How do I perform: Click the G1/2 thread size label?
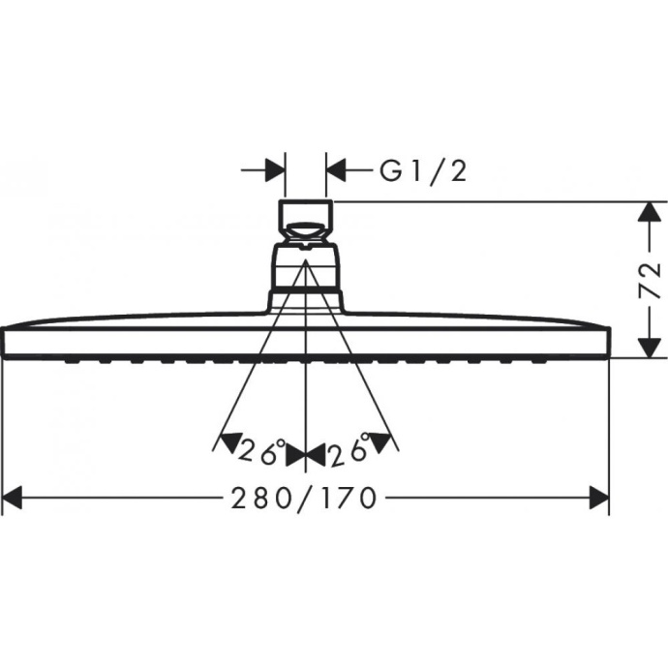(423, 171)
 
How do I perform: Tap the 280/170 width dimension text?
(303, 499)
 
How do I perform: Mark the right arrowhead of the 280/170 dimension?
(599, 499)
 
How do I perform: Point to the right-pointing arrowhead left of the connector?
(276, 171)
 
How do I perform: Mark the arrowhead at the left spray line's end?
(224, 442)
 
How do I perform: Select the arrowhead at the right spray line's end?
(387, 442)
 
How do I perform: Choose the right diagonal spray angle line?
(349, 358)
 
